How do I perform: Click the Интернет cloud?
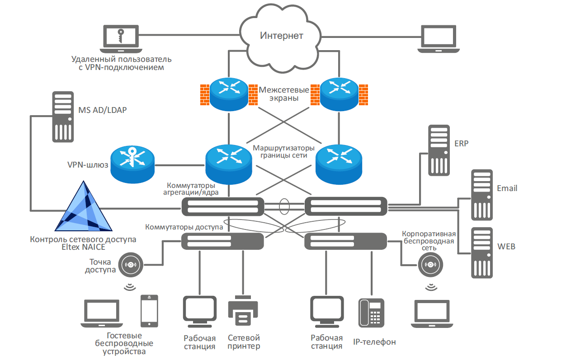click(282, 36)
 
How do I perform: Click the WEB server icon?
click(481, 252)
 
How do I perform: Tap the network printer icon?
click(244, 311)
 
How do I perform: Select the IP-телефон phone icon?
click(371, 313)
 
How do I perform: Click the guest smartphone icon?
click(149, 311)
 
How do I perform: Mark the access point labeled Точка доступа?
click(131, 264)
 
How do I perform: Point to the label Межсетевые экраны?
click(284, 94)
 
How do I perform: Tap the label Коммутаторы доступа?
click(184, 227)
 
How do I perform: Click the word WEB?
click(506, 247)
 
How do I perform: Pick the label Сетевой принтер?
click(244, 342)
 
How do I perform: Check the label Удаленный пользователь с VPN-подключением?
click(122, 63)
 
